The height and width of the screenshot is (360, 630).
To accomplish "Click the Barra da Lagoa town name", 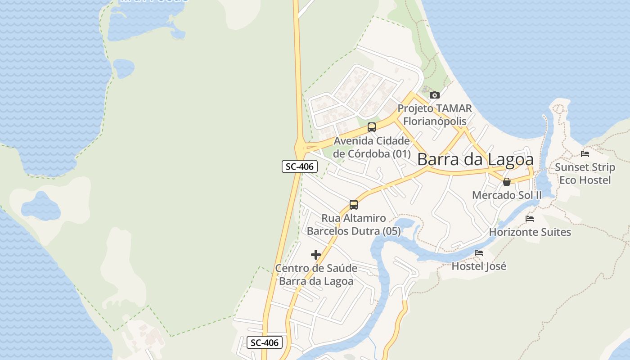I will pos(475,159).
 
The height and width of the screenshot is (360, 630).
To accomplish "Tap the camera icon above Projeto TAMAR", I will pos(434,95).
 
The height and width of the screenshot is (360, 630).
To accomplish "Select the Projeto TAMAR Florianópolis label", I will pos(435,115).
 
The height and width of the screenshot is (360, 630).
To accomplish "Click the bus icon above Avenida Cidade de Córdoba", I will pos(371,127).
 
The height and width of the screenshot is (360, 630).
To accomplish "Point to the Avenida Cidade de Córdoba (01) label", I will pos(372,147).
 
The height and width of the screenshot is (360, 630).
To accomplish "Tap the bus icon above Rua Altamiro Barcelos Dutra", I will pos(354,205).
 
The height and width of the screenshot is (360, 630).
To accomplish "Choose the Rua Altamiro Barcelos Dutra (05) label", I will pos(354,225).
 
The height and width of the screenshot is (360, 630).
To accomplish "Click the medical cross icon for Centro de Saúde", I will pos(316,255).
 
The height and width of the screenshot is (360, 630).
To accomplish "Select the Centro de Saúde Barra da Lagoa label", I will pos(316,274).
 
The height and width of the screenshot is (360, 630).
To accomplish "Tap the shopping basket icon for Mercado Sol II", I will pos(507,182).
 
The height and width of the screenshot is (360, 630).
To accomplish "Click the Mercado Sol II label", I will pos(507,195).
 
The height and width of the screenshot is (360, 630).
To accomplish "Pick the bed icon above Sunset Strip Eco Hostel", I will pos(585,154).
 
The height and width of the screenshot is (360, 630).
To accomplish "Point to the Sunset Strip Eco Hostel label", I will pos(585,174).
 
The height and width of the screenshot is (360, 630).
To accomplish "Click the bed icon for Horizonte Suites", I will pos(530,219).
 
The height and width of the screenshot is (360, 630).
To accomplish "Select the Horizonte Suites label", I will pos(530,232).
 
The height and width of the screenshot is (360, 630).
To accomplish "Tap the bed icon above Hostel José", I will pos(479,253).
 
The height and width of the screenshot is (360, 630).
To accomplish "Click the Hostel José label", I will pos(479,266).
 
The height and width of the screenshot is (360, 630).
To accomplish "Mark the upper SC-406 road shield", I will pos(300,166).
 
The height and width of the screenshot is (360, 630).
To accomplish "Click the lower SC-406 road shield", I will pos(265,342).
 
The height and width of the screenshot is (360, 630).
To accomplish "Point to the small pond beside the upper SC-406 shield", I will pos(40,206).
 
